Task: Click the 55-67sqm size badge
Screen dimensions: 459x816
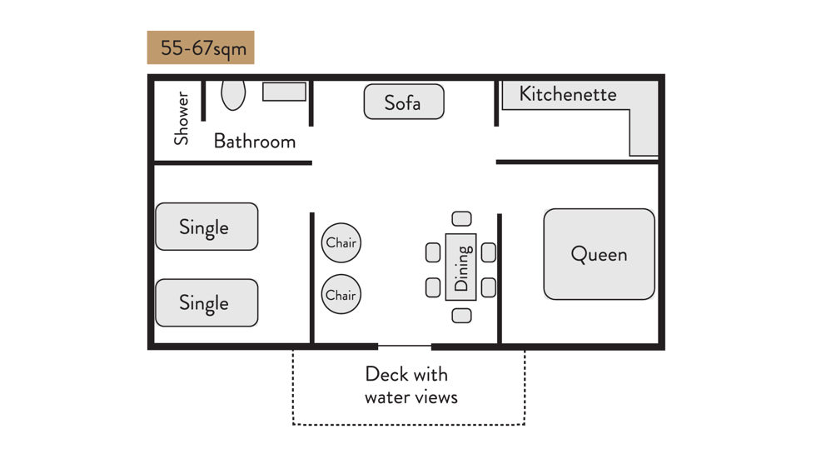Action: pos(201,47)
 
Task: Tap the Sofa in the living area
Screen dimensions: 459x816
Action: pos(404,102)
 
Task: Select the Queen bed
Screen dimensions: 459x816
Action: pos(599,254)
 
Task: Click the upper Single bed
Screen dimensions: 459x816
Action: pos(206,227)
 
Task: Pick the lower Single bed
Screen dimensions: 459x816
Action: pos(206,302)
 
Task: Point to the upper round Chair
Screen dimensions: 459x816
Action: pos(341,243)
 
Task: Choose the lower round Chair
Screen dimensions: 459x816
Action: pos(341,295)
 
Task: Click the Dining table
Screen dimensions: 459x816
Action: pos(461,267)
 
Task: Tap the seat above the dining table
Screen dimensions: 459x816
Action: pos(462,219)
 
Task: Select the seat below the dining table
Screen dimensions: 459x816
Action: pos(462,316)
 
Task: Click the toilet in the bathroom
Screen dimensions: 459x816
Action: pos(233,94)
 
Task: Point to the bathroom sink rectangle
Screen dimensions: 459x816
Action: pos(285,92)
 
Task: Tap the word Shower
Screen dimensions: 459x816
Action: pos(182,118)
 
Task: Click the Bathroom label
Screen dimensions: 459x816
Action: pos(255,141)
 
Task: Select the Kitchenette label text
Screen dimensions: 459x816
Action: pos(568,94)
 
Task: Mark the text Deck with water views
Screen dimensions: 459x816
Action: pos(411,385)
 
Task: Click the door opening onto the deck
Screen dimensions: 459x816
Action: pos(405,346)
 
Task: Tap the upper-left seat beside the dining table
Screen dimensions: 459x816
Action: pos(433,252)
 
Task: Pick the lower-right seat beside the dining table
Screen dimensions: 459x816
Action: pos(489,287)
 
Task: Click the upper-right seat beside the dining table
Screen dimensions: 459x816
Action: pos(489,252)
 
